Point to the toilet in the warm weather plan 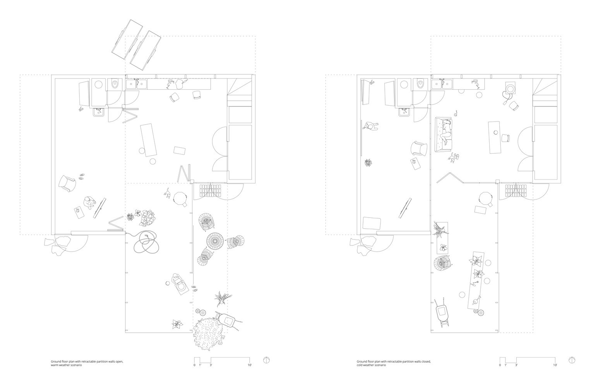115,84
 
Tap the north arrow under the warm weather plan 266,360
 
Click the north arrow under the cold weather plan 572,360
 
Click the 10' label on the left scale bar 250,365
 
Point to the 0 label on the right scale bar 500,365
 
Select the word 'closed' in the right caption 425,361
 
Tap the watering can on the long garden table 478,299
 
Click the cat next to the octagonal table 167,193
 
